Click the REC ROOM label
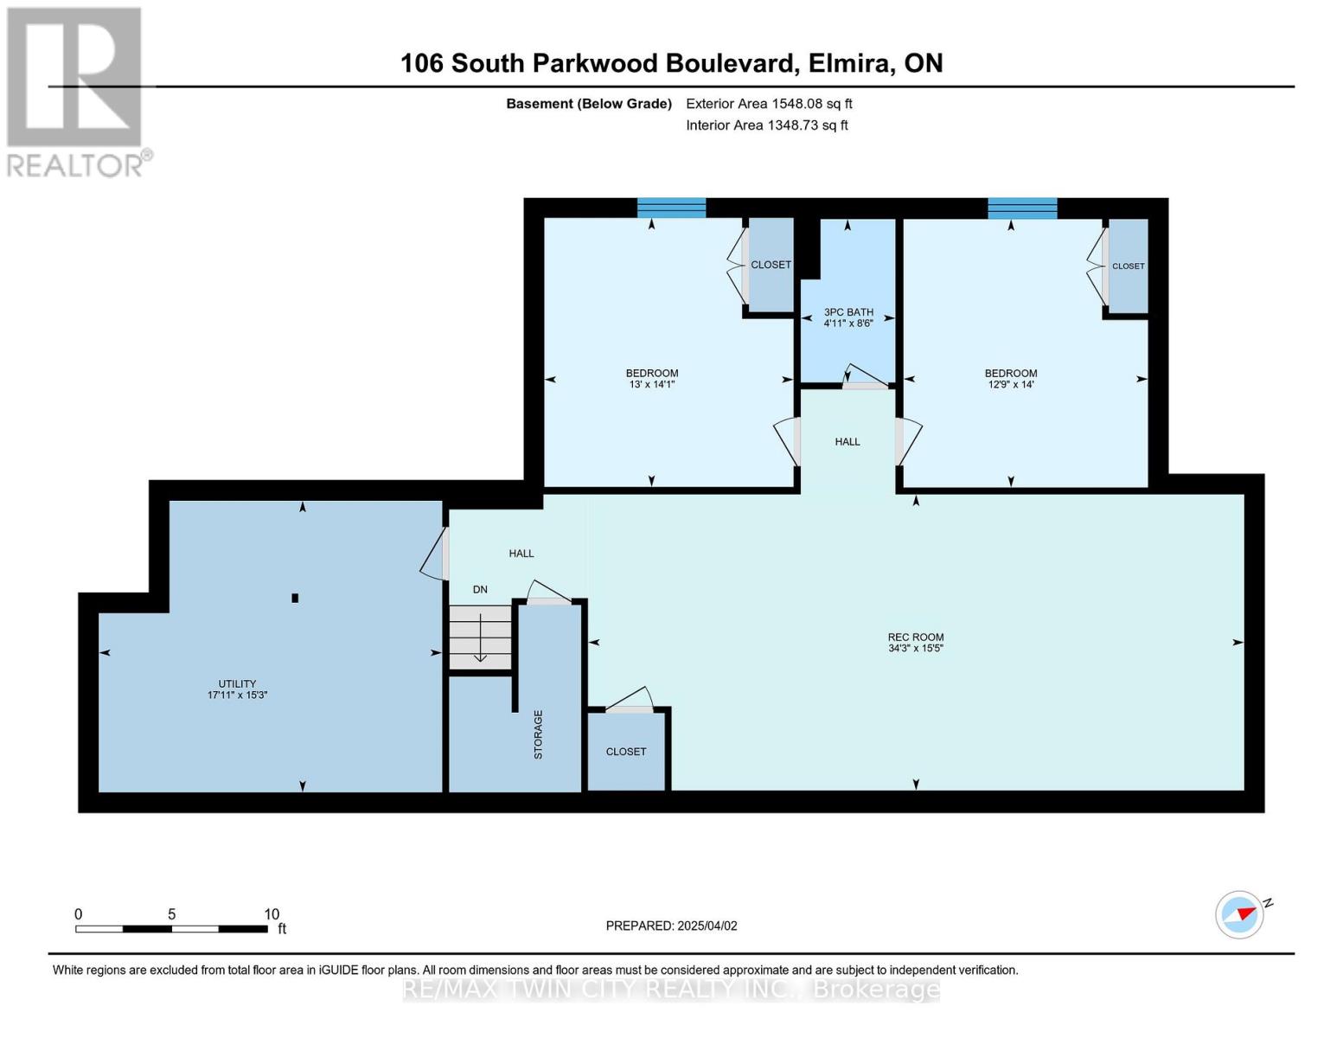tap(916, 638)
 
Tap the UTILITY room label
tap(237, 684)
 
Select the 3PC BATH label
tap(848, 312)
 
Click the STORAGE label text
tap(538, 734)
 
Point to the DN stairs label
tap(480, 590)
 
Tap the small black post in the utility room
tap(295, 598)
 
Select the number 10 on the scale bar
tap(272, 914)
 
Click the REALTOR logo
tap(76, 91)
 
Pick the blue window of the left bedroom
tap(671, 208)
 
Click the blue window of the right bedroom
tap(1022, 208)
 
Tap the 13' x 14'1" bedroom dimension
tap(652, 384)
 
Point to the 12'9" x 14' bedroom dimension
tap(1010, 384)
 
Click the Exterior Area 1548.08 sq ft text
tap(769, 104)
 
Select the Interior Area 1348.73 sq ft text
tap(766, 125)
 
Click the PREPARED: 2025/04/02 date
tap(671, 926)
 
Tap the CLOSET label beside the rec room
tap(626, 752)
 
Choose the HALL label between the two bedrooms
tap(847, 442)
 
